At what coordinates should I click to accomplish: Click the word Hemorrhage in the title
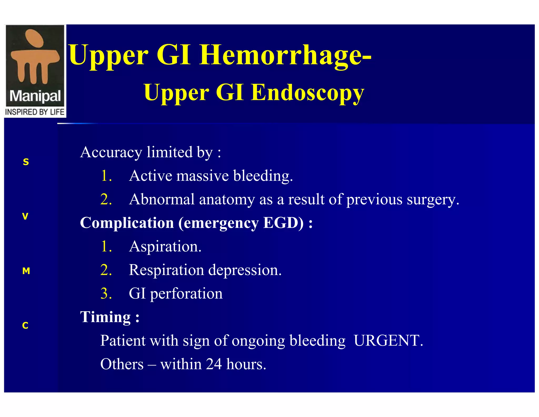pyautogui.click(x=285, y=55)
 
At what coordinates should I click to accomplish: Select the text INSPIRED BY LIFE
pyautogui.click(x=35, y=112)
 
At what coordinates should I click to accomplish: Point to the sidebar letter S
pyautogui.click(x=26, y=162)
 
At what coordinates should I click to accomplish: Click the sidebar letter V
pyautogui.click(x=25, y=216)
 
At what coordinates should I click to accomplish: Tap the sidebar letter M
pyautogui.click(x=26, y=271)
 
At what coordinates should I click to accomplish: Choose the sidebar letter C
pyautogui.click(x=25, y=326)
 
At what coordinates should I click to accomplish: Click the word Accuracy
pyautogui.click(x=111, y=152)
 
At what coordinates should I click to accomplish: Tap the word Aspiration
pyautogui.click(x=165, y=247)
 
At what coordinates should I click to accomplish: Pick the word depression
pyautogui.click(x=245, y=270)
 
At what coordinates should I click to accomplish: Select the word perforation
pyautogui.click(x=186, y=294)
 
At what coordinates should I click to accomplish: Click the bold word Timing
pyautogui.click(x=106, y=317)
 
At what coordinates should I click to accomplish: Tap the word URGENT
pyautogui.click(x=388, y=341)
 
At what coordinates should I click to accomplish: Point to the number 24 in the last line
pyautogui.click(x=214, y=364)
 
